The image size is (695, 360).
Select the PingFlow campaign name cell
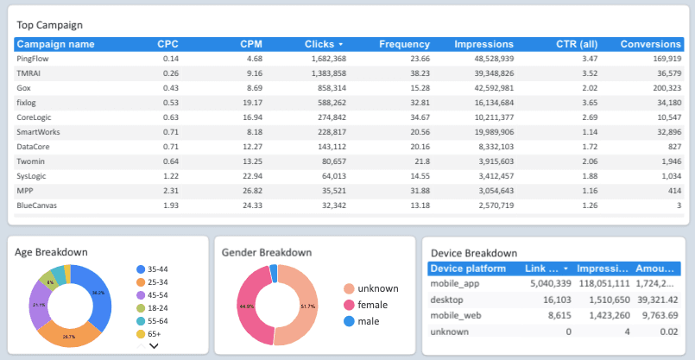point(34,59)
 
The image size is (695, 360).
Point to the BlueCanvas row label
point(38,205)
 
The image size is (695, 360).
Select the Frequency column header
point(404,44)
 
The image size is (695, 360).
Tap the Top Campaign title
point(50,26)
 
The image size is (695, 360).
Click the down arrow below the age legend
point(155,346)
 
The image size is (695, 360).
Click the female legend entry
point(372,305)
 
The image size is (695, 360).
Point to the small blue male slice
point(274,273)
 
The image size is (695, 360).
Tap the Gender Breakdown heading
point(267,252)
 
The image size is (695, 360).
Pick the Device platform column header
point(468,268)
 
